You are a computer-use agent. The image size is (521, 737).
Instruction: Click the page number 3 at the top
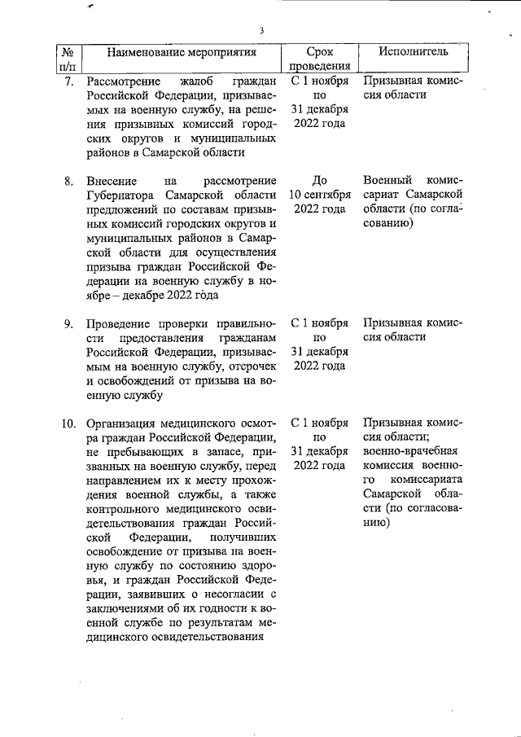pyautogui.click(x=262, y=31)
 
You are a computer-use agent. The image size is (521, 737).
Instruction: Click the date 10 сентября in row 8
pyautogui.click(x=320, y=195)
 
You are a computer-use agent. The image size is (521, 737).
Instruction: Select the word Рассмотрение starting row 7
pyautogui.click(x=125, y=81)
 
